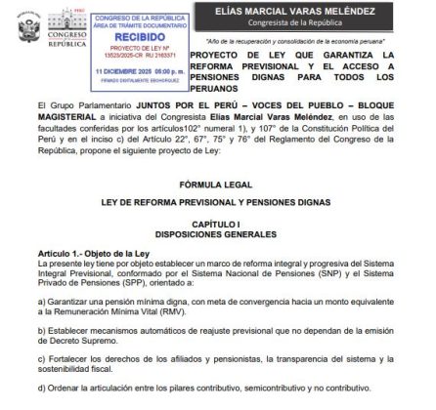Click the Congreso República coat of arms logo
[x=33, y=28]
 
